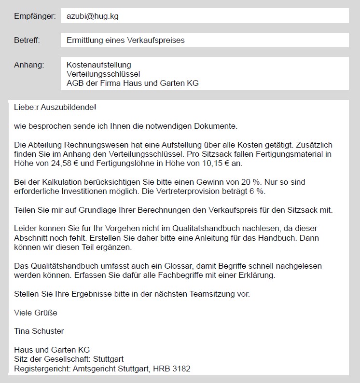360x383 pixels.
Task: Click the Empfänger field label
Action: tap(35, 16)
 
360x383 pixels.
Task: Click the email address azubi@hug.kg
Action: tap(93, 16)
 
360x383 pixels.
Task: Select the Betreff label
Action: tap(27, 40)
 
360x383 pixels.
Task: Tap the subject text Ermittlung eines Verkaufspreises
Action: tap(125, 40)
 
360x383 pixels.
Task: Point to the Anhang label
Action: tap(29, 65)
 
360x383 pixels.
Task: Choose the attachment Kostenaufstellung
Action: tap(98, 65)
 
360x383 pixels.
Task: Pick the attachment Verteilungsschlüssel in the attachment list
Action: tap(103, 74)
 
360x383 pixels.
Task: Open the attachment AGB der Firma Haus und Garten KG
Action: tap(132, 83)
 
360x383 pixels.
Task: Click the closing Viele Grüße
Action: tap(36, 313)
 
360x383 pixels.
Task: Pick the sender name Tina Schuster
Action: tap(39, 331)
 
